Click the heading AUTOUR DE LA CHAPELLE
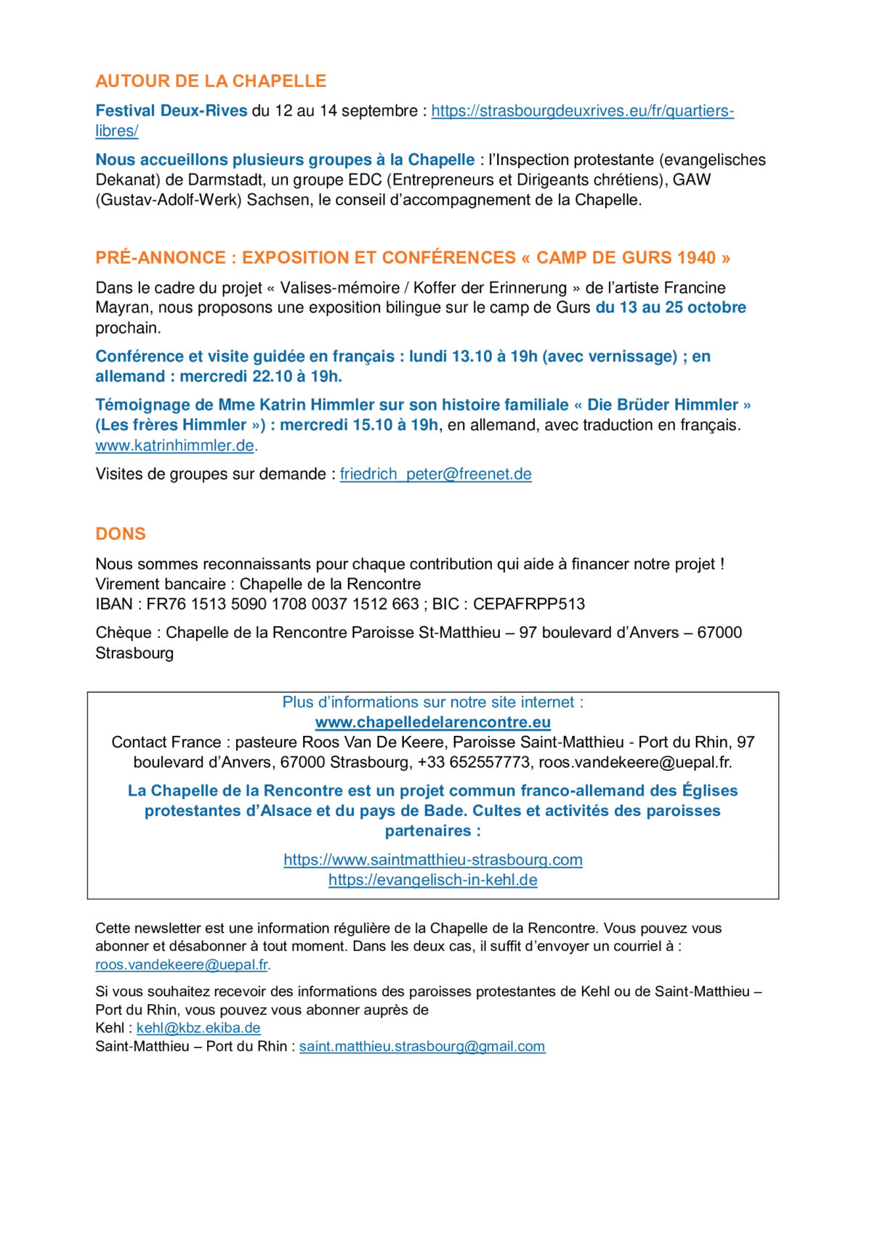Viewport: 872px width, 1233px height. click(211, 81)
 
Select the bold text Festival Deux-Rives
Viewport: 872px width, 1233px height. click(171, 110)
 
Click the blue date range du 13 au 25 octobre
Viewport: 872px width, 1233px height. click(671, 307)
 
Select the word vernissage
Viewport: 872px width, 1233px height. click(631, 356)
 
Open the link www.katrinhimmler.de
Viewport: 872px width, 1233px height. click(174, 445)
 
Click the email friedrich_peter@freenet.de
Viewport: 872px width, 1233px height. click(435, 474)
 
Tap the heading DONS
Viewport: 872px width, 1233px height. click(121, 534)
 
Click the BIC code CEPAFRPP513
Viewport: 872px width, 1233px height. click(528, 604)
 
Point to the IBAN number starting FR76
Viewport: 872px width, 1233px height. click(283, 604)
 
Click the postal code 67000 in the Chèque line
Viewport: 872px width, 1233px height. click(719, 632)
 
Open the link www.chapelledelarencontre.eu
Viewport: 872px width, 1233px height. click(432, 722)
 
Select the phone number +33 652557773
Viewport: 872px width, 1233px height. click(474, 762)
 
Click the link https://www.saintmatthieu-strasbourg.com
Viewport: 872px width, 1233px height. click(432, 860)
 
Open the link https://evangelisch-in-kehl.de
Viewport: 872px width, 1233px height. click(432, 880)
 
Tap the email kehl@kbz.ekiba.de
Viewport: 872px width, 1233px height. click(198, 1028)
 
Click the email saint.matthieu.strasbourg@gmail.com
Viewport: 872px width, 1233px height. click(421, 1046)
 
